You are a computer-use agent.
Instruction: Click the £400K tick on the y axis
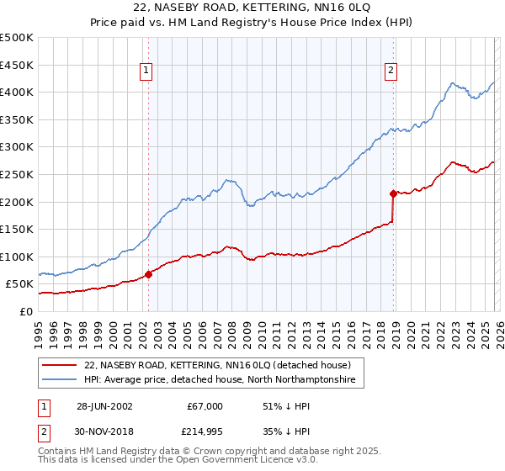(x=16, y=92)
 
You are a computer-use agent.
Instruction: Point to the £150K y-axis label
(x=16, y=229)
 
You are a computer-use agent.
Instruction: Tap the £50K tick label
(x=19, y=284)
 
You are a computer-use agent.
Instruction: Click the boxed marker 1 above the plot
(x=147, y=71)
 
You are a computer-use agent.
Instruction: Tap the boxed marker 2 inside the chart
(x=391, y=71)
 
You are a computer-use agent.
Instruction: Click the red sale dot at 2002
(x=149, y=274)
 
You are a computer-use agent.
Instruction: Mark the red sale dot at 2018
(x=393, y=193)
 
